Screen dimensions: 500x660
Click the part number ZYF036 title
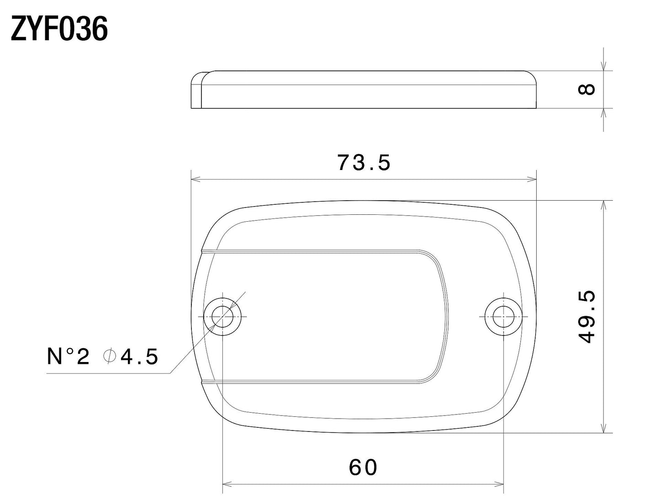coord(59,30)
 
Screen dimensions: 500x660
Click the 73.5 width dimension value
coord(364,163)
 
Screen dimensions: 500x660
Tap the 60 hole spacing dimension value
coord(363,467)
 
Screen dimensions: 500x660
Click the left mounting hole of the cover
coord(222,316)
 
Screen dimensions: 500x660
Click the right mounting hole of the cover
coord(503,316)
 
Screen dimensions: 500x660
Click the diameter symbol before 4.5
coord(109,356)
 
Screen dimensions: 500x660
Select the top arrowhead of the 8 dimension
coord(604,67)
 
